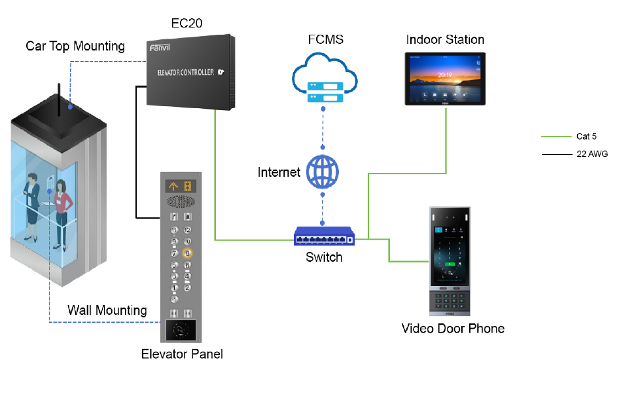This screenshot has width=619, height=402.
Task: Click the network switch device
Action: coord(325,237)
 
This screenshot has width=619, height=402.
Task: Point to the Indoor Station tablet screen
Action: coord(446,80)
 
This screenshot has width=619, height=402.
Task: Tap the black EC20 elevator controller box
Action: coord(190,72)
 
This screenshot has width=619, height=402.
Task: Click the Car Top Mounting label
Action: coord(75,46)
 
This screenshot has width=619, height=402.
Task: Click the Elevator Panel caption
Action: coord(182,354)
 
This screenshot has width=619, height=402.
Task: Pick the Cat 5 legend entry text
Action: coord(586,137)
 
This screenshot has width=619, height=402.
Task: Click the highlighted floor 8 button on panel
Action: coord(187,253)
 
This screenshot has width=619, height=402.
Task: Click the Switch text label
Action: coord(324,257)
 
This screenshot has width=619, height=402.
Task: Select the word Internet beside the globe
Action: coord(279,172)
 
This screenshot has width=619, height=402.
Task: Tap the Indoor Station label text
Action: coord(445,40)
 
